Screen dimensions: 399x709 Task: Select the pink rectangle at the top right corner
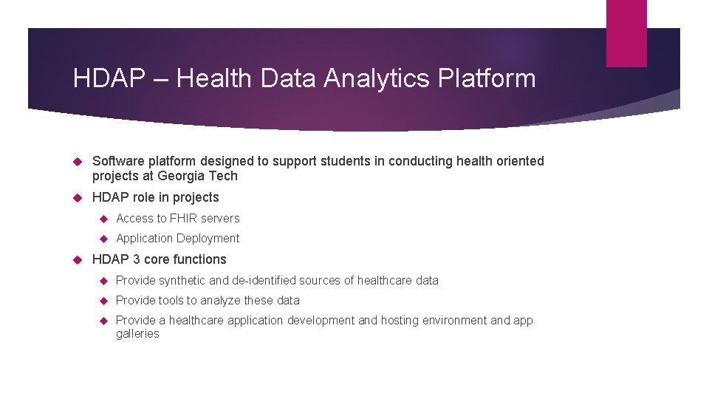click(626, 33)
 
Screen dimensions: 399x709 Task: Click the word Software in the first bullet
click(117, 161)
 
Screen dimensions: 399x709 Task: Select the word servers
click(220, 218)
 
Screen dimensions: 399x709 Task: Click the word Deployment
click(210, 238)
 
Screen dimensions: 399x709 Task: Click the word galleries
click(137, 334)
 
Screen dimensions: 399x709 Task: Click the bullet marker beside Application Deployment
click(104, 239)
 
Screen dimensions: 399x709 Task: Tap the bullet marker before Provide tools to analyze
click(104, 301)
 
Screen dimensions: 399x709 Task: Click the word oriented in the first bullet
click(520, 161)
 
